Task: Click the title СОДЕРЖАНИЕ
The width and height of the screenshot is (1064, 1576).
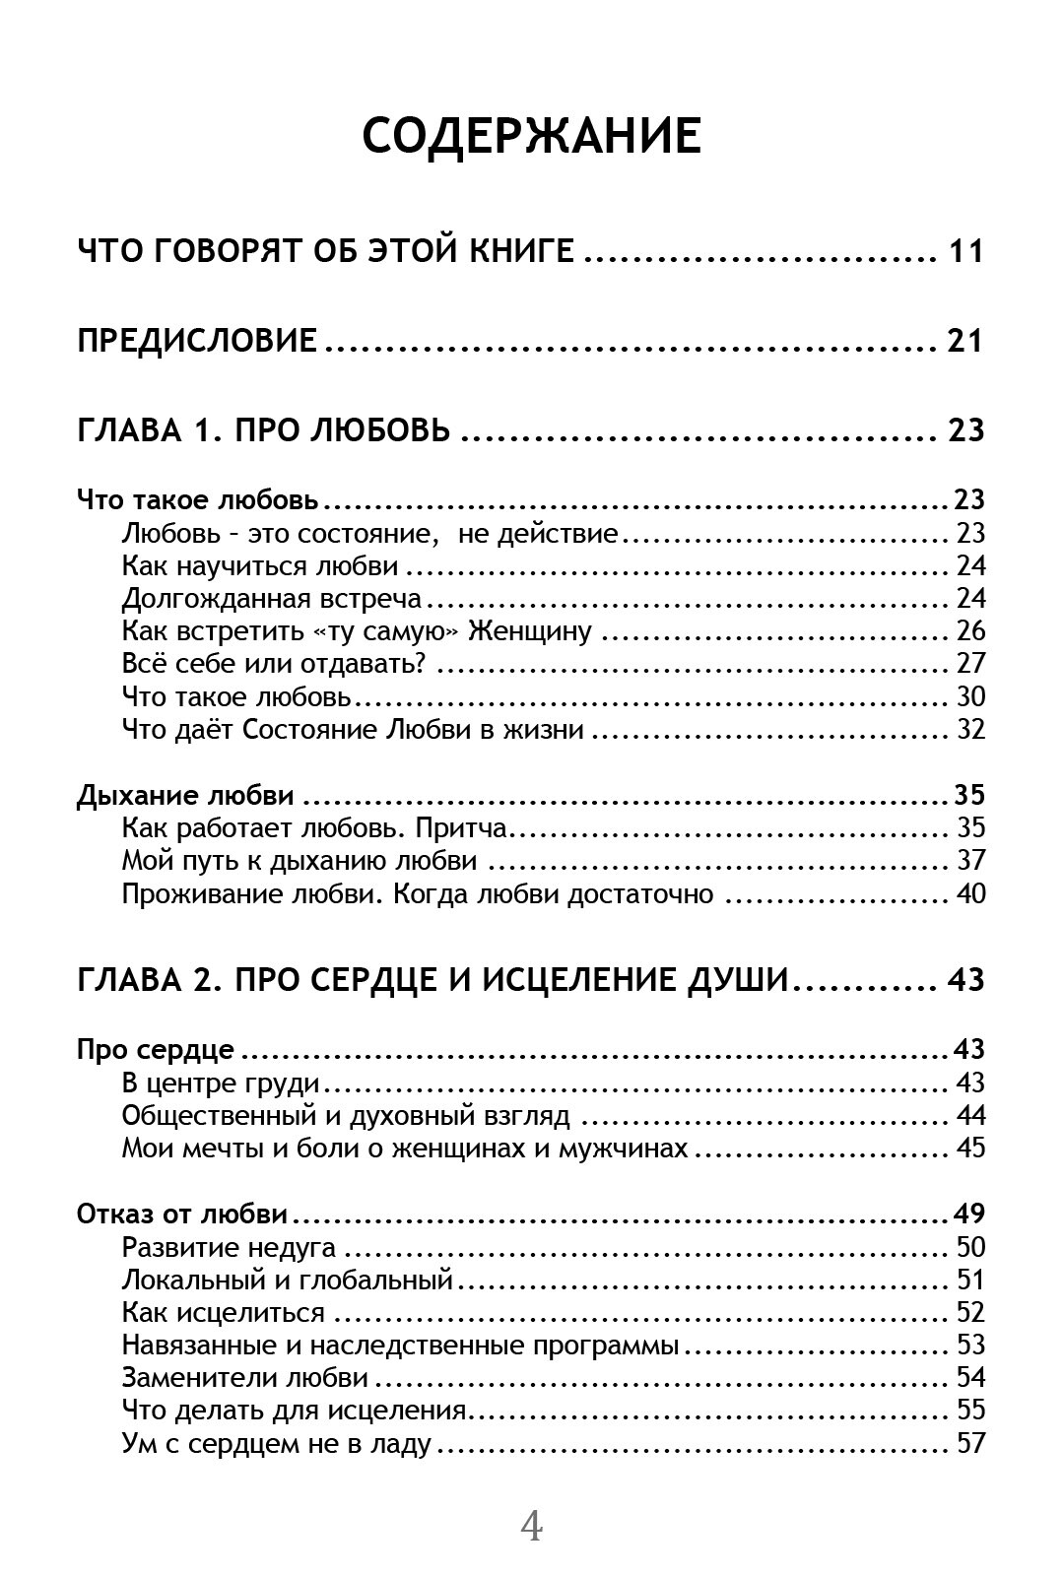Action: [x=531, y=136]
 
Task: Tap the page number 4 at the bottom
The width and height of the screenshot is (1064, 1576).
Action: [x=531, y=1526]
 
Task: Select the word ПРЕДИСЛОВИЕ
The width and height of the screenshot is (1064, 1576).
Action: [x=197, y=341]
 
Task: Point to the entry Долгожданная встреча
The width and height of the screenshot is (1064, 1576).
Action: [x=272, y=598]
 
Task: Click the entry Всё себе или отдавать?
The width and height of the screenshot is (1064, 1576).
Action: [x=274, y=663]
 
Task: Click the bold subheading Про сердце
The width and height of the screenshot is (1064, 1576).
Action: [x=156, y=1049]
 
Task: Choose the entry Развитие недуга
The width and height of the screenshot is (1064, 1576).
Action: [x=229, y=1247]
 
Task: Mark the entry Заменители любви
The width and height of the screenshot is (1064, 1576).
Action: [x=245, y=1377]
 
